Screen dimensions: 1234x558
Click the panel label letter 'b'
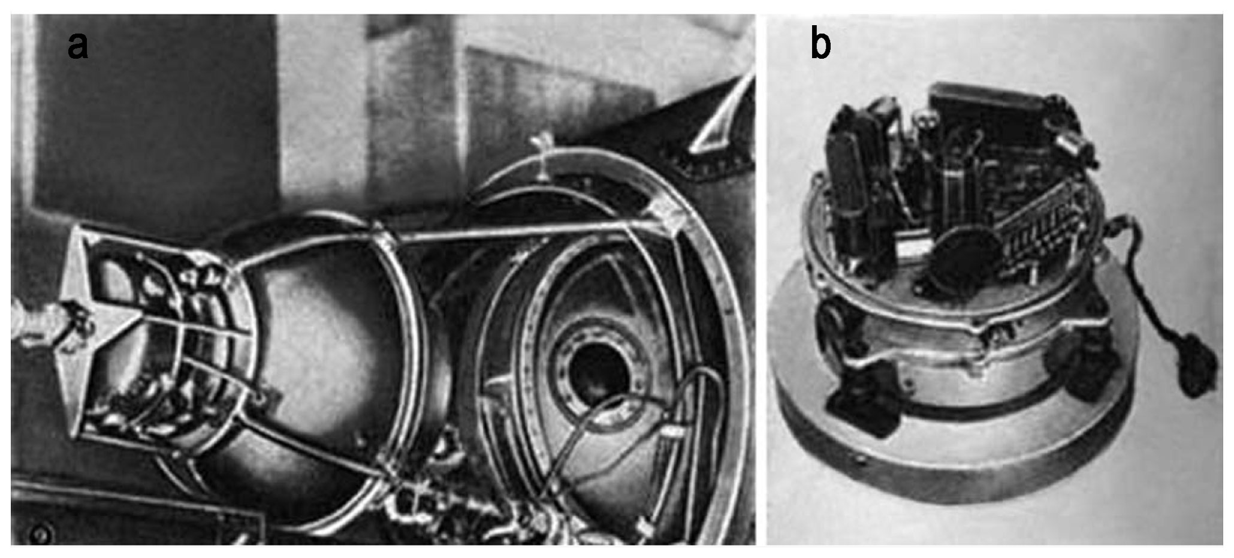821,43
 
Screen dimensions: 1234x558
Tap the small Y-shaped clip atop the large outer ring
543,157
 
